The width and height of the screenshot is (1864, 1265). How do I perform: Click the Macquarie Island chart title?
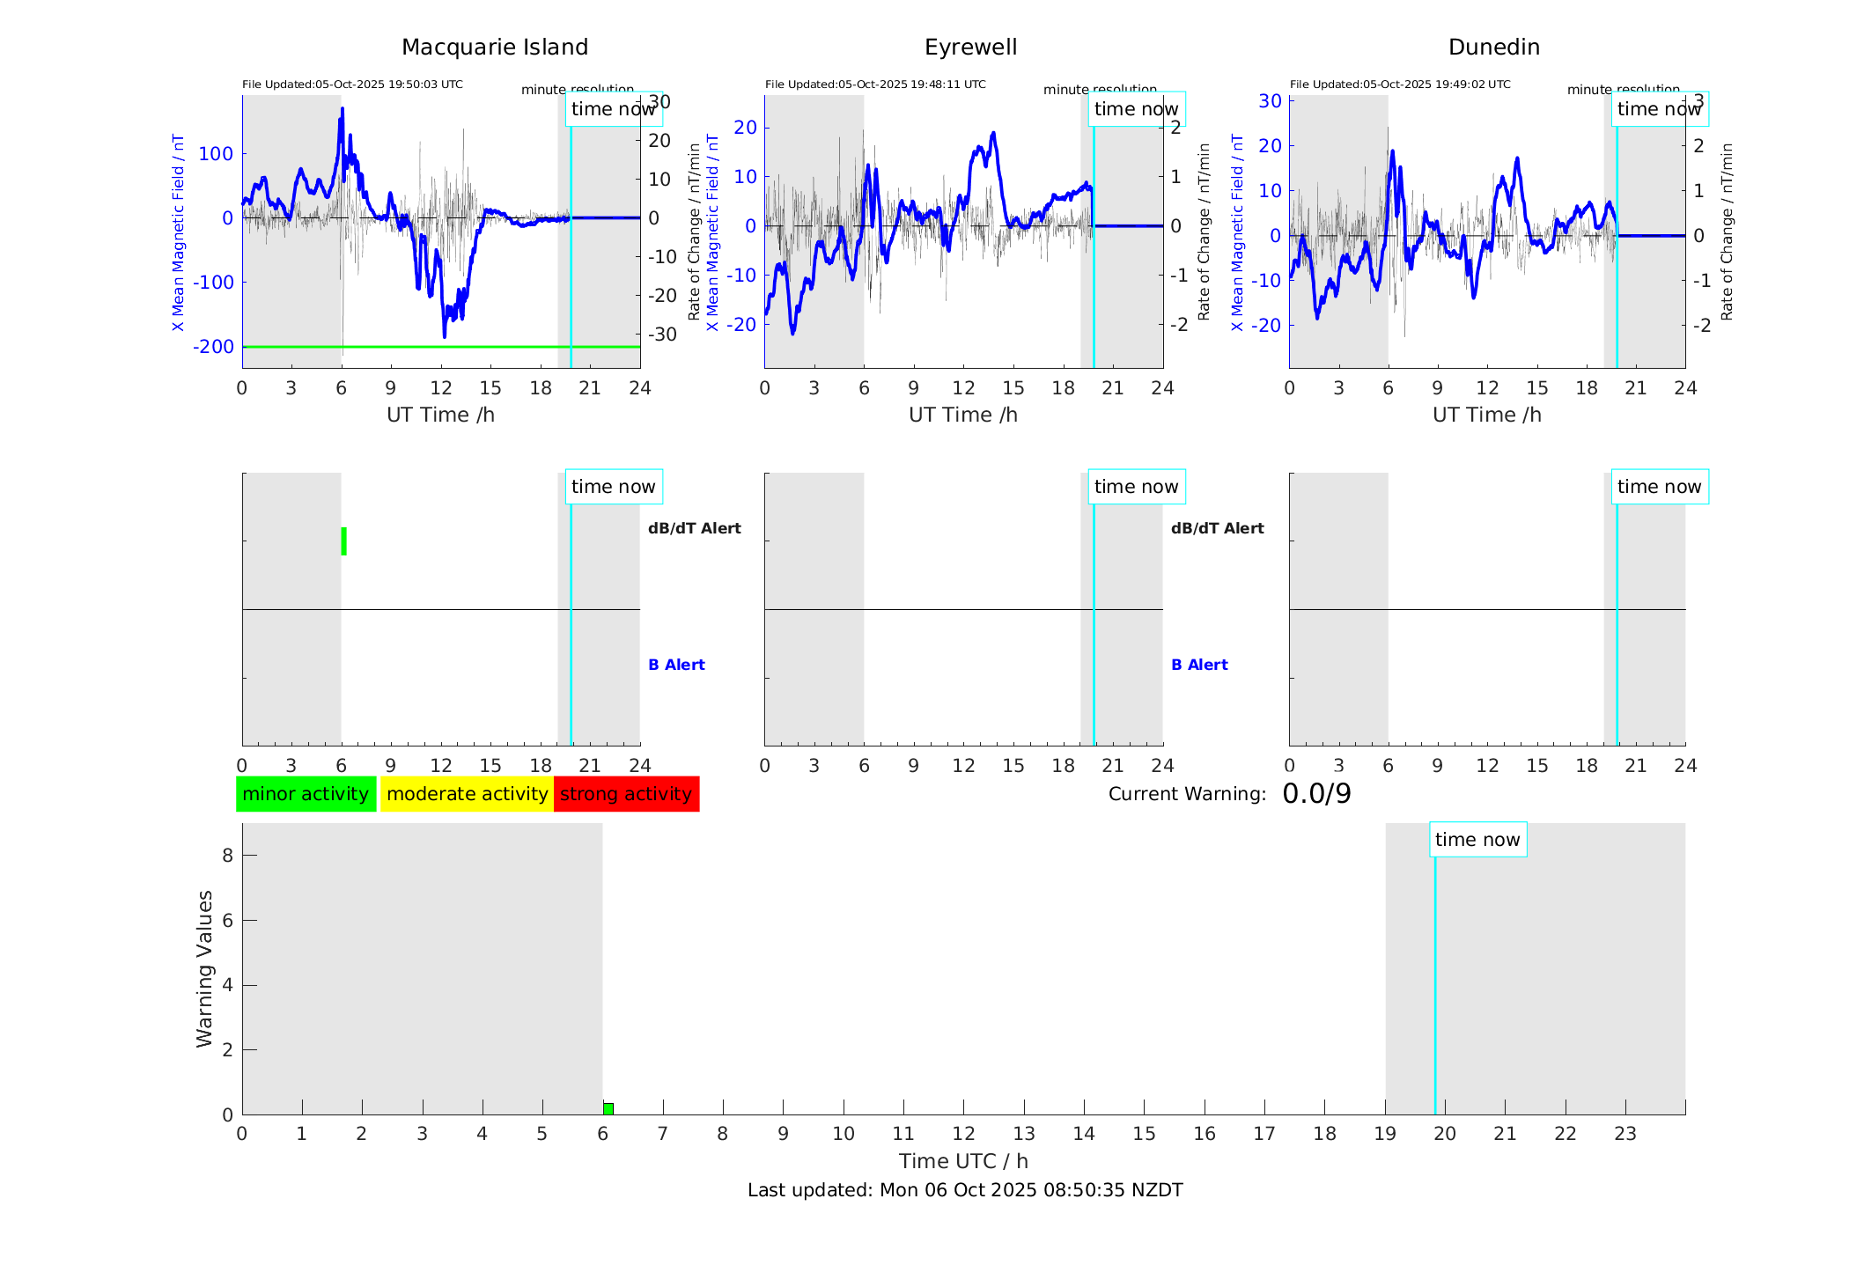tap(494, 48)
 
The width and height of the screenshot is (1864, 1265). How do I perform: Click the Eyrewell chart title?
tap(970, 48)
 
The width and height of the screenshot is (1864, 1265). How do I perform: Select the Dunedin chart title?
tap(1493, 48)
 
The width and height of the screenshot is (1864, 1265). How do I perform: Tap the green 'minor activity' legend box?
tap(306, 794)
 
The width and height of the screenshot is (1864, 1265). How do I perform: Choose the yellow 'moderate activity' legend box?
tap(467, 794)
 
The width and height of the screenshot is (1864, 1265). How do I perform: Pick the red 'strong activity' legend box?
tap(626, 794)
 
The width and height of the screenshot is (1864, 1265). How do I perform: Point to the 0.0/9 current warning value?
tap(1316, 794)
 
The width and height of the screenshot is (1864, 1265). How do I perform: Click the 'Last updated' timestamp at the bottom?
tap(965, 1190)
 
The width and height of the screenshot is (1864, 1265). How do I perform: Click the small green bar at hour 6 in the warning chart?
tap(608, 1108)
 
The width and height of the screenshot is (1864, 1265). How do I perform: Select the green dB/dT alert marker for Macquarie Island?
tap(343, 541)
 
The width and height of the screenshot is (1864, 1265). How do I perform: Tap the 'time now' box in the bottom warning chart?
tap(1477, 840)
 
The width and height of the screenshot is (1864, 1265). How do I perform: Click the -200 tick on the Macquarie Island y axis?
tap(214, 347)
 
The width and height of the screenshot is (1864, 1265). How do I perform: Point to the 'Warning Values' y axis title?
tap(204, 968)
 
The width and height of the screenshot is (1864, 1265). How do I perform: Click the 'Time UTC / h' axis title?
tap(963, 1161)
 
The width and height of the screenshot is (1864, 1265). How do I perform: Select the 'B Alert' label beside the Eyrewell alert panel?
tap(1199, 665)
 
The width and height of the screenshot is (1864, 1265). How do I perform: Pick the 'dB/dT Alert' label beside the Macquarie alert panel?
tap(694, 528)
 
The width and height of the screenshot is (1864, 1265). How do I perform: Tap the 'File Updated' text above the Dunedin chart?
tap(1400, 85)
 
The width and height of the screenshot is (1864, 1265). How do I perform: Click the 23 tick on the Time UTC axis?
tap(1625, 1134)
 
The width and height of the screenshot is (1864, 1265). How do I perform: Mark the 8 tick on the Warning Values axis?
tap(227, 855)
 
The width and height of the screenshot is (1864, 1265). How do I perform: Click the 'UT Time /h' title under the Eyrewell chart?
tap(963, 415)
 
